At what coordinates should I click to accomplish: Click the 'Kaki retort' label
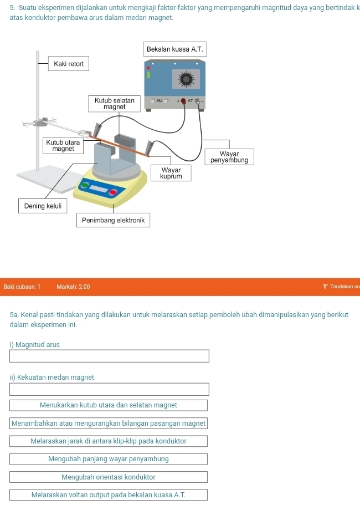pos(69,64)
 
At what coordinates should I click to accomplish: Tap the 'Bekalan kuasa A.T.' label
pos(175,49)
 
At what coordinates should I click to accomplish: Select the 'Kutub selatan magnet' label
pos(114,104)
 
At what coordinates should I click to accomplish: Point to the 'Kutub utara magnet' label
pos(64,146)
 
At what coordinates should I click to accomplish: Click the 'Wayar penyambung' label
pos(229,157)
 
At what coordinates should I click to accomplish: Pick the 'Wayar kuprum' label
pos(171,173)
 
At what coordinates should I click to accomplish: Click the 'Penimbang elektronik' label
pos(113,221)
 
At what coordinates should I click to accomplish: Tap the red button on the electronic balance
pos(113,192)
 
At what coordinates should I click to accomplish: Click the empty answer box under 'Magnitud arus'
pos(109,356)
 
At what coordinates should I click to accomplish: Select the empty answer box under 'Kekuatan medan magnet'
pos(109,389)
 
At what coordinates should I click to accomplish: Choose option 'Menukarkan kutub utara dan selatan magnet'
pos(109,405)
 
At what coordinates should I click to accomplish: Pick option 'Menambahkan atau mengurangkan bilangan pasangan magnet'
pos(109,424)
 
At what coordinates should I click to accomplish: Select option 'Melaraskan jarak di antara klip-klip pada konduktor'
pos(109,441)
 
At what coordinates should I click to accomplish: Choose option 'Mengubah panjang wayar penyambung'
pos(109,459)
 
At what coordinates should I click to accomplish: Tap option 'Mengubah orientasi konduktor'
pos(109,477)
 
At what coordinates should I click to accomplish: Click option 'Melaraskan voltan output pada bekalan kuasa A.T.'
pos(109,495)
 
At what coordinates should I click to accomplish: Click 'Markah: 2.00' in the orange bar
pos(73,287)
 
